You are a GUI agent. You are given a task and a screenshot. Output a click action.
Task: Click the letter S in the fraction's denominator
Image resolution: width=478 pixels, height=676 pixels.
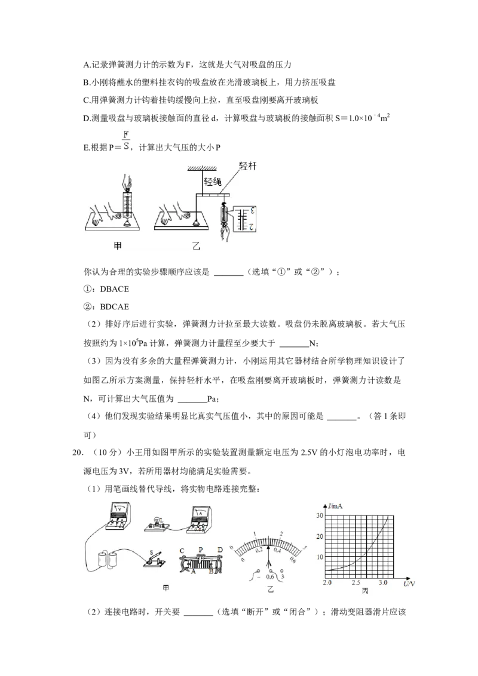click(127, 145)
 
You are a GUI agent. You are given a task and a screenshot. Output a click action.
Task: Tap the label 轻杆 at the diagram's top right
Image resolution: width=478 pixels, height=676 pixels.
click(247, 167)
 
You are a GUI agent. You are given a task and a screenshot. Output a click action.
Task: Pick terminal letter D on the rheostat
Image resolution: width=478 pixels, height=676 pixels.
click(220, 549)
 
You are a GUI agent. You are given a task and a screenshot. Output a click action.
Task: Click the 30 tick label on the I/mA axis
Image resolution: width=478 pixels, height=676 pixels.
click(320, 515)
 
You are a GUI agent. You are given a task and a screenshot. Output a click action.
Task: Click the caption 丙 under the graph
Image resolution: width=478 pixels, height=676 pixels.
click(365, 591)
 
